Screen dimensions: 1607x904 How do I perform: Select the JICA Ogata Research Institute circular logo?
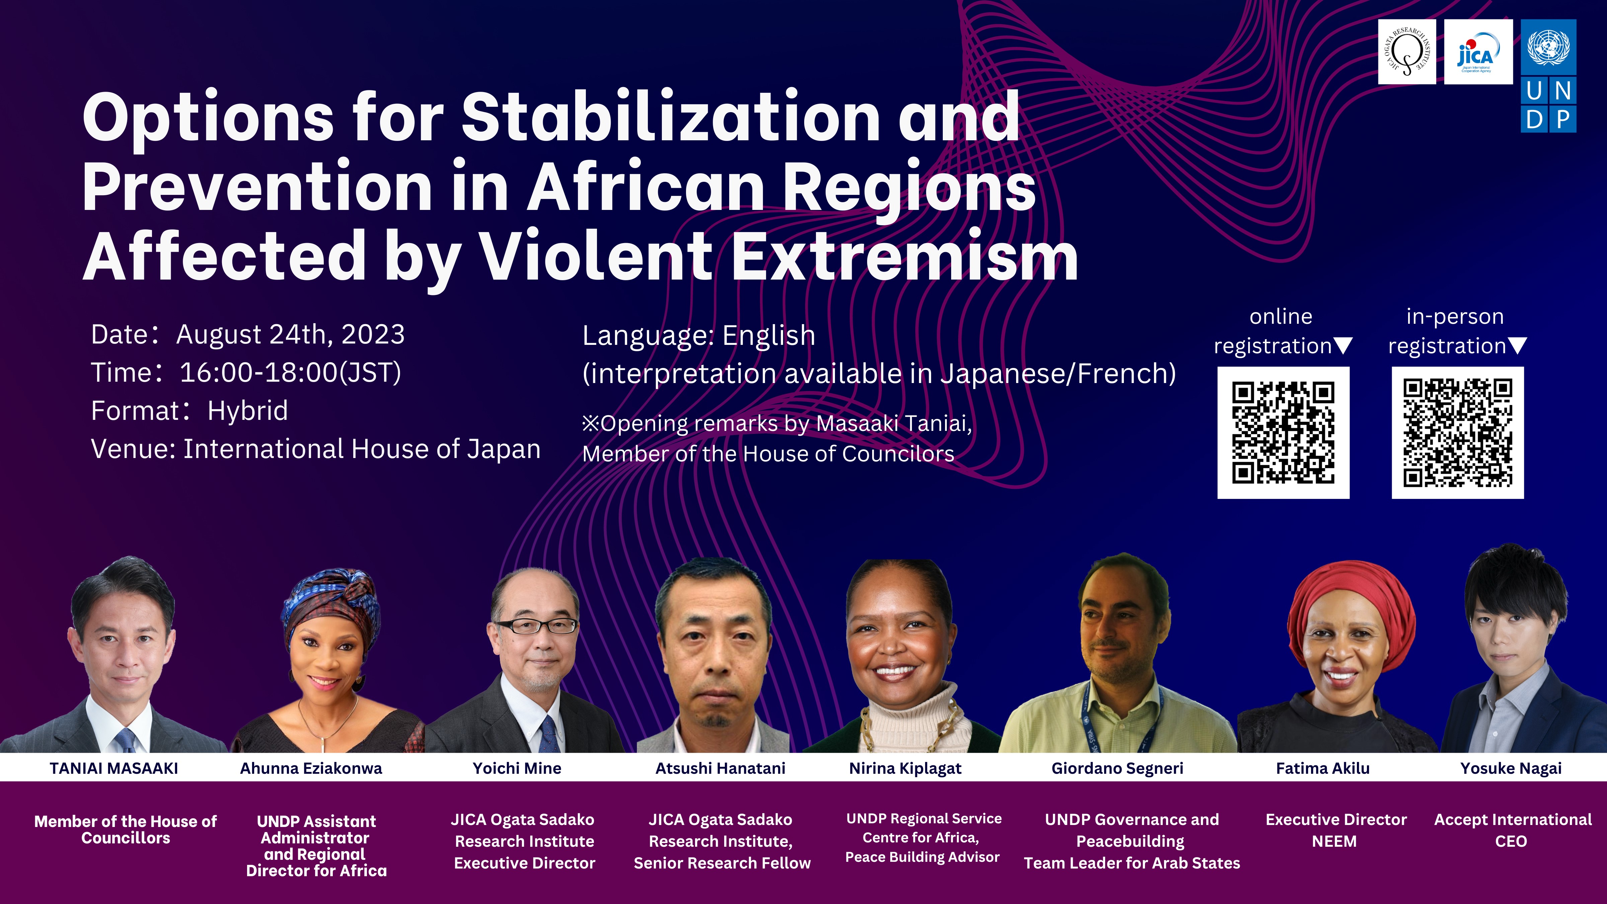(1407, 52)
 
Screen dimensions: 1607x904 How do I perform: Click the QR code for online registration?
(1283, 432)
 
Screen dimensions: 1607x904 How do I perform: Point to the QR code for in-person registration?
(1457, 432)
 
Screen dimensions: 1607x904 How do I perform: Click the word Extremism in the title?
(905, 256)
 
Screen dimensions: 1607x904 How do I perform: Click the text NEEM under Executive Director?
(1334, 842)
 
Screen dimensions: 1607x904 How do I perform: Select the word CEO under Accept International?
(1511, 842)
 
